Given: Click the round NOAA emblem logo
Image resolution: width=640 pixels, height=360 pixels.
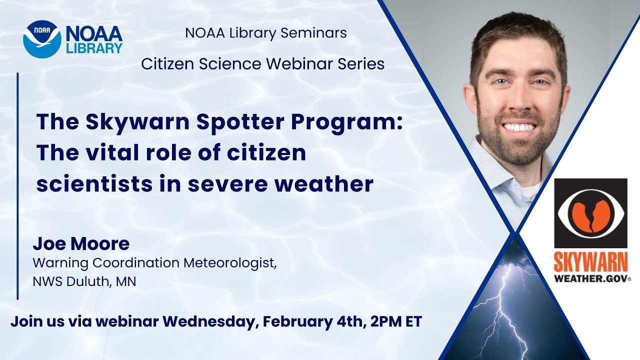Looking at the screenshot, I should pyautogui.click(x=41, y=38).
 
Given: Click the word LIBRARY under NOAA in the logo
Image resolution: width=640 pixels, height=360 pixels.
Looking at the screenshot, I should pyautogui.click(x=94, y=48).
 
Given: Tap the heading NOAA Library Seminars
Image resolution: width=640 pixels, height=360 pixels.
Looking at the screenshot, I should pyautogui.click(x=265, y=33).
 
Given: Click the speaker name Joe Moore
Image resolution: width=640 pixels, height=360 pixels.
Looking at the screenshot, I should pyautogui.click(x=81, y=244).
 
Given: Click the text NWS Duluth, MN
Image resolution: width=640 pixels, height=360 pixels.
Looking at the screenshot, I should pyautogui.click(x=84, y=281).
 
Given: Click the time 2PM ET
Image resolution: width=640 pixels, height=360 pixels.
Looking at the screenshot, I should pyautogui.click(x=396, y=321).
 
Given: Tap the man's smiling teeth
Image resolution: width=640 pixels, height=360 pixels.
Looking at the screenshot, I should pyautogui.click(x=518, y=127).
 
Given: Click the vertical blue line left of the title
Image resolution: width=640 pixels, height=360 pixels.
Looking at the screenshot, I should pyautogui.click(x=18, y=185).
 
